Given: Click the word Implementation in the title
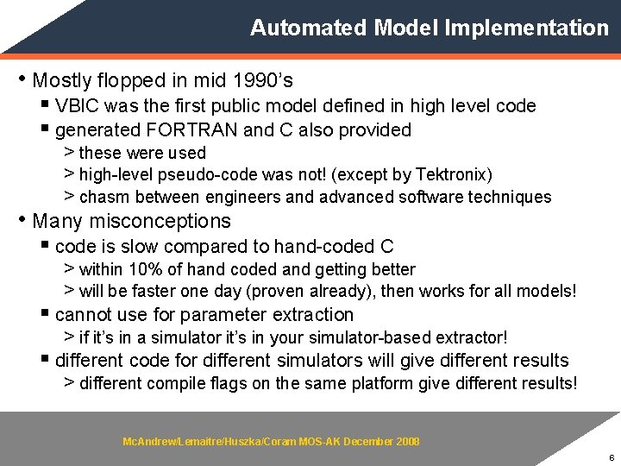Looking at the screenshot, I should (x=526, y=28).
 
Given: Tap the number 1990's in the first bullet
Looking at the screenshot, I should (x=262, y=81).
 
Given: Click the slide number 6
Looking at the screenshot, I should (x=609, y=457).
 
